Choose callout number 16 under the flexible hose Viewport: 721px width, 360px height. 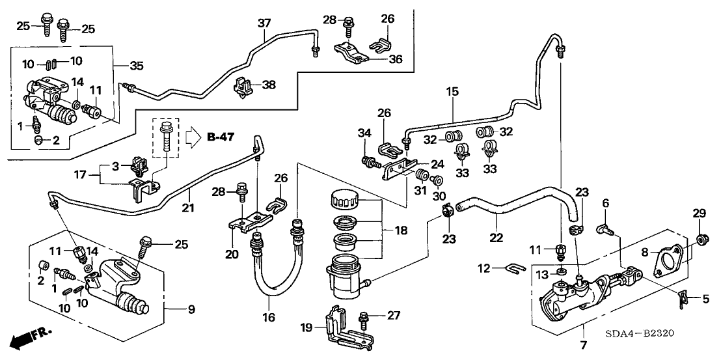[x=270, y=317]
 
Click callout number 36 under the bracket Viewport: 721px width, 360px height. [x=395, y=60]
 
